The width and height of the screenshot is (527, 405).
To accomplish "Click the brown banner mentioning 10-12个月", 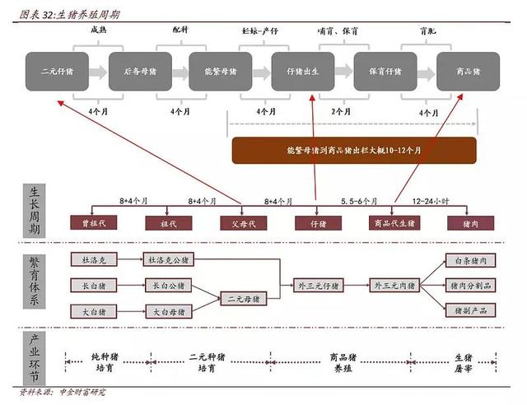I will tap(353, 150).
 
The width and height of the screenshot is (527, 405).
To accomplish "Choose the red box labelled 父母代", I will tap(244, 222).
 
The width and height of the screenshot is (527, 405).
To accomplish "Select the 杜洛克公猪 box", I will tap(169, 259).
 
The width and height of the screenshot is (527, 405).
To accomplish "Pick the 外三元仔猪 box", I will tap(319, 285).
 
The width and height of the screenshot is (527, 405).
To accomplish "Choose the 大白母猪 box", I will tap(169, 311).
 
